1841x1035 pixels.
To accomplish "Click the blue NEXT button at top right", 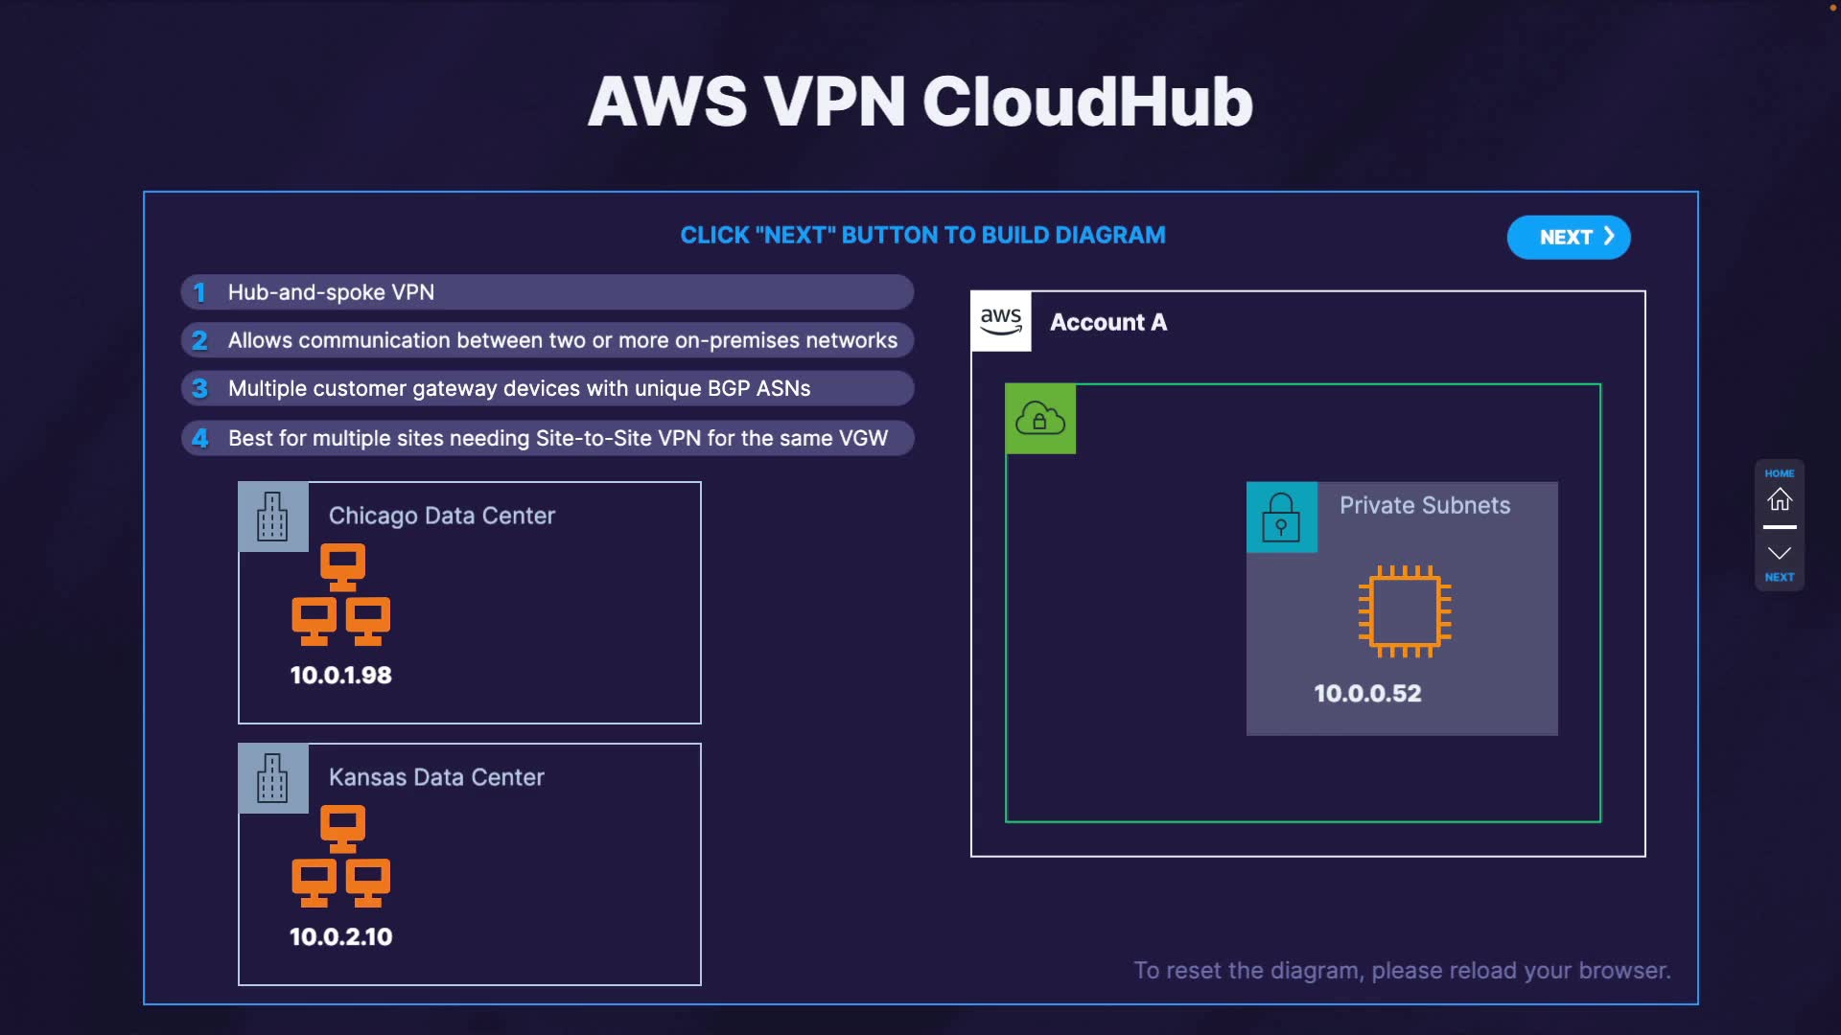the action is click(x=1569, y=237).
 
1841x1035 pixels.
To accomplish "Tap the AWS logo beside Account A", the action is click(x=1001, y=321).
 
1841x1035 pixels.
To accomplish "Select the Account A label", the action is click(x=1108, y=322).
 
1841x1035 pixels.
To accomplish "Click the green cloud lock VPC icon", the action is click(x=1040, y=419).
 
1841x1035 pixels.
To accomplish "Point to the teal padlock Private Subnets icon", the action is click(x=1282, y=517).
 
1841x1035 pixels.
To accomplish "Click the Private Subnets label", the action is click(x=1425, y=505).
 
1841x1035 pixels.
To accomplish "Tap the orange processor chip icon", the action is click(x=1405, y=611).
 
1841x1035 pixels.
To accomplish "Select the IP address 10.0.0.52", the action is click(x=1367, y=693).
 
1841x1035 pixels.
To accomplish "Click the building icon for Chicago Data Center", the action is click(x=273, y=517).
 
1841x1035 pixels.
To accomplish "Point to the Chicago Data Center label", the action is click(x=442, y=516).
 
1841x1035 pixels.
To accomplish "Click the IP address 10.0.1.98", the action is click(x=341, y=675).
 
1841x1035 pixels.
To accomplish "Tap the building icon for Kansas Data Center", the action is click(x=273, y=778).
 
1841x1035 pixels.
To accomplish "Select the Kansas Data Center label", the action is click(x=436, y=777).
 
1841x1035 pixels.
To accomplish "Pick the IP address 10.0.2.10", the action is click(x=341, y=936).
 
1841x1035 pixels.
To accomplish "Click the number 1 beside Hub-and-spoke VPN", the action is click(x=199, y=292).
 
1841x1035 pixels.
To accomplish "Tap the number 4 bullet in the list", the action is click(x=199, y=438).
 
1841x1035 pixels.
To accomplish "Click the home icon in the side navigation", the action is click(x=1780, y=499).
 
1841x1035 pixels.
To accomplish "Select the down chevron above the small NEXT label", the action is click(x=1780, y=553).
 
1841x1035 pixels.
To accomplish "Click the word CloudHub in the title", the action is click(x=1088, y=102).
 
